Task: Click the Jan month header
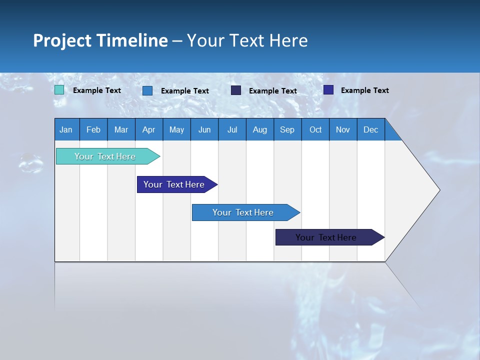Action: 66,129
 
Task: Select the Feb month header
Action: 93,129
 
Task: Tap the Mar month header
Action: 121,129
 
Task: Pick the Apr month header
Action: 149,129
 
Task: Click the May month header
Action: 176,129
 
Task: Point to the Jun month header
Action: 204,129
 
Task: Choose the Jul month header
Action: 232,129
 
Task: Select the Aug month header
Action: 260,129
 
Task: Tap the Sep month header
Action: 287,129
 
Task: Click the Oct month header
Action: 315,129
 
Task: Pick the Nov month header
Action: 343,129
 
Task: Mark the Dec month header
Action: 371,129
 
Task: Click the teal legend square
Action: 59,90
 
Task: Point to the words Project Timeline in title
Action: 100,40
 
